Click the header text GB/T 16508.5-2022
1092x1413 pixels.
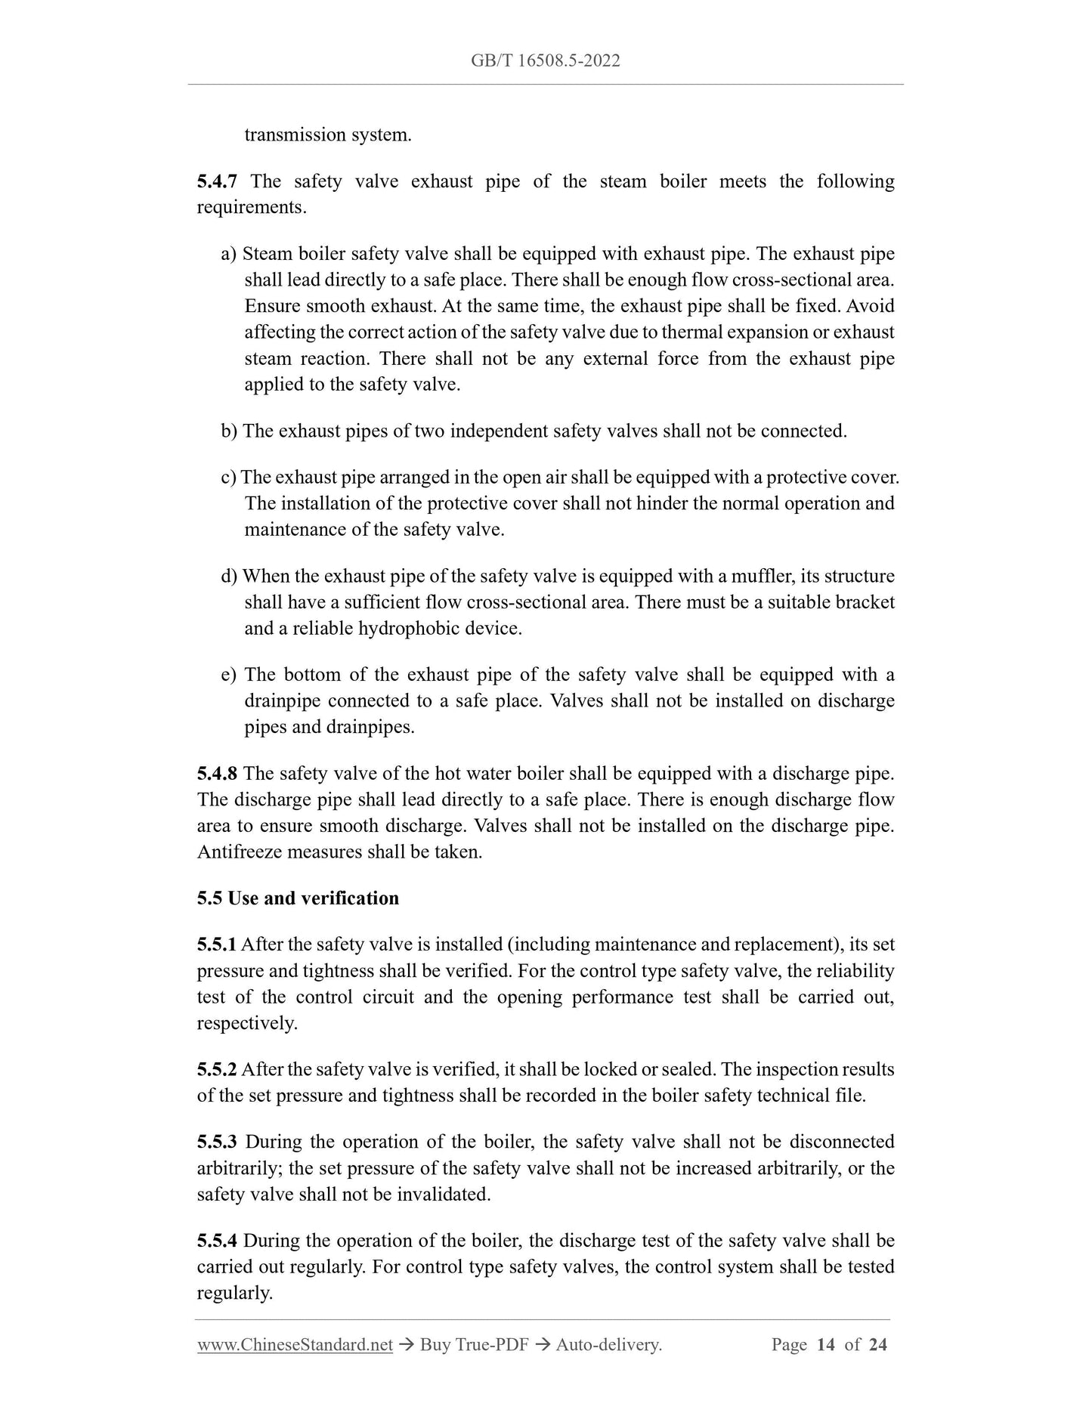pyautogui.click(x=545, y=61)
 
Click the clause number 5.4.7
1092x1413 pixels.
pyautogui.click(x=217, y=181)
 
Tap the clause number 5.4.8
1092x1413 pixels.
pyautogui.click(x=217, y=773)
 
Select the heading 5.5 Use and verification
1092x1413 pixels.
pyautogui.click(x=298, y=898)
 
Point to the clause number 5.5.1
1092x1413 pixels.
pyautogui.click(x=217, y=945)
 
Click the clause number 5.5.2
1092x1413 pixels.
pyautogui.click(x=217, y=1069)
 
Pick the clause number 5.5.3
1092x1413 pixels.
pyautogui.click(x=217, y=1142)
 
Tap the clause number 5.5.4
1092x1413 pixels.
pyautogui.click(x=217, y=1241)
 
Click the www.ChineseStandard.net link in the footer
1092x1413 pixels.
pyautogui.click(x=295, y=1344)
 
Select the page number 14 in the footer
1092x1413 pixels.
pyautogui.click(x=826, y=1344)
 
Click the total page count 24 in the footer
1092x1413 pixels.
pyautogui.click(x=877, y=1344)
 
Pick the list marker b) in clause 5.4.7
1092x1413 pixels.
pyautogui.click(x=229, y=431)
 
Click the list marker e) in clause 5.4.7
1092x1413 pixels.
pyautogui.click(x=229, y=675)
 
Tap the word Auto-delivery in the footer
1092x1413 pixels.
pyautogui.click(x=608, y=1344)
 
